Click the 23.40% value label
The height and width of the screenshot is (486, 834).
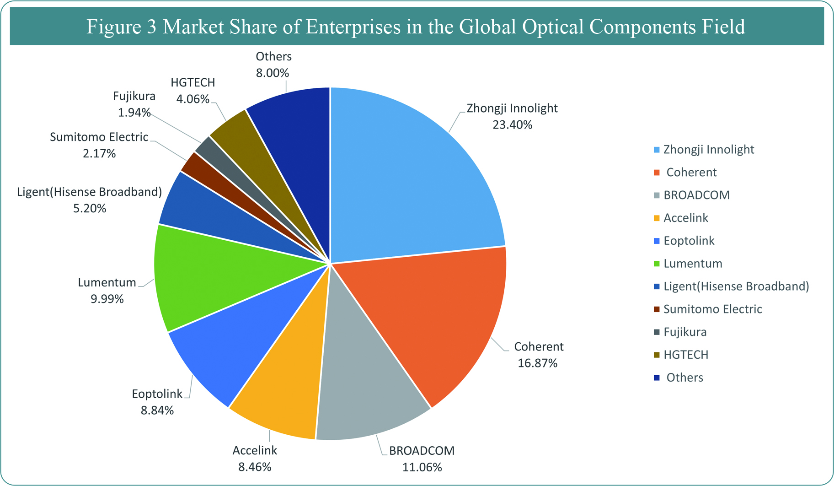(x=512, y=125)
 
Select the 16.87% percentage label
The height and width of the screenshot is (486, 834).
(x=537, y=363)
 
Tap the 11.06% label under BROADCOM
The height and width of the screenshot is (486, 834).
(x=422, y=467)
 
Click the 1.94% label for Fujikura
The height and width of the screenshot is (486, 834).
(x=134, y=113)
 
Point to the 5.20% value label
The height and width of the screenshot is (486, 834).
(x=90, y=209)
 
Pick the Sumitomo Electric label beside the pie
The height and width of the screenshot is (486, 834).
(x=99, y=137)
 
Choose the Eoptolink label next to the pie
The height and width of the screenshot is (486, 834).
(x=157, y=394)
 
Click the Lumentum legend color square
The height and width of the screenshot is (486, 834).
(x=657, y=264)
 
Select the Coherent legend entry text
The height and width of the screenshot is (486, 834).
(x=691, y=173)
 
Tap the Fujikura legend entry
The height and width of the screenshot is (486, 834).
(x=685, y=332)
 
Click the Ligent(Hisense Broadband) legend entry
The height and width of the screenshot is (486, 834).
(x=736, y=286)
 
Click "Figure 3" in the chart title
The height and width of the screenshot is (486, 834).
(x=122, y=27)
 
